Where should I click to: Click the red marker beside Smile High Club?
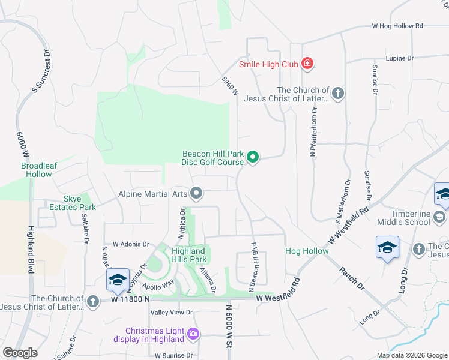click(307, 64)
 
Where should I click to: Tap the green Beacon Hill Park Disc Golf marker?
click(253, 158)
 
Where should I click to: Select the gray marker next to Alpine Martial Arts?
click(196, 193)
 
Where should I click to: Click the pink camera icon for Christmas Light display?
click(193, 333)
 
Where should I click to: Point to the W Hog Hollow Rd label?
click(397, 26)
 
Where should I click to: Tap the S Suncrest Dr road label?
click(41, 70)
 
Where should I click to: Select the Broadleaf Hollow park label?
click(37, 170)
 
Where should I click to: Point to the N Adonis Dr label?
click(128, 244)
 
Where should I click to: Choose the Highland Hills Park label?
click(189, 255)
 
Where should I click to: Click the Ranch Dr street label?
click(352, 278)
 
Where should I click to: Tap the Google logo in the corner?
click(20, 352)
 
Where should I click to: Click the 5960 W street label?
click(230, 85)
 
